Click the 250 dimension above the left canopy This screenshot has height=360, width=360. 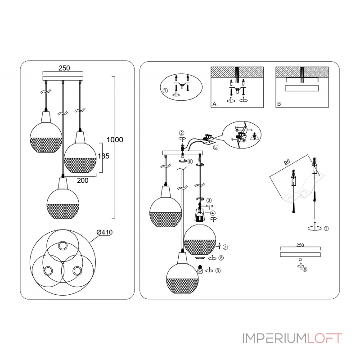64,68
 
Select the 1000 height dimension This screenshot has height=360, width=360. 115,139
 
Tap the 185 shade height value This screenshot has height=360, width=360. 103,157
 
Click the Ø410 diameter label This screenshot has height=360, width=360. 104,232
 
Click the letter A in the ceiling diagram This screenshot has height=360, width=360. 214,104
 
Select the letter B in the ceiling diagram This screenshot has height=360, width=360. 279,104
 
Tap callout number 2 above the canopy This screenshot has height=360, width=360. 181,133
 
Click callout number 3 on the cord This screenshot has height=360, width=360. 209,200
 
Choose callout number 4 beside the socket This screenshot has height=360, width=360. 212,214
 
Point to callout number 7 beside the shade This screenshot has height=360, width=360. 225,247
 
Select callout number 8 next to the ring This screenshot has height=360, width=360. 221,258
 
